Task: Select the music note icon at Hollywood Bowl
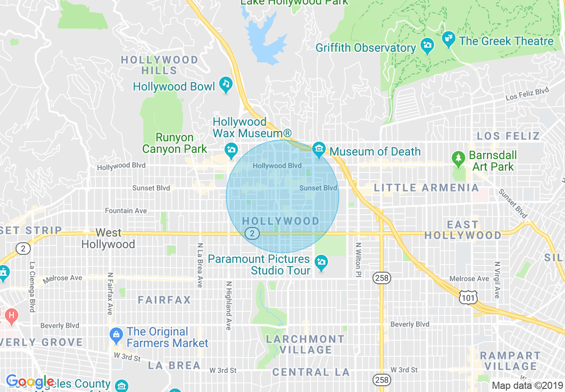click(x=226, y=85)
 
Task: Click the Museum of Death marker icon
click(x=319, y=150)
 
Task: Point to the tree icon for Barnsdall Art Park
click(x=458, y=158)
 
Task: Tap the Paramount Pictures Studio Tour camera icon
click(x=321, y=262)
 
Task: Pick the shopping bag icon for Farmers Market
click(x=116, y=335)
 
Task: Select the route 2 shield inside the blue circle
click(x=252, y=233)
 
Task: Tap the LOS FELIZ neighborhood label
click(x=508, y=136)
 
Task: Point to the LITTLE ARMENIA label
click(x=426, y=188)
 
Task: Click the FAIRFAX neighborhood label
click(x=164, y=300)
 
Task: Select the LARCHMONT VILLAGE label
click(x=305, y=344)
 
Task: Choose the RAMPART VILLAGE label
click(x=510, y=361)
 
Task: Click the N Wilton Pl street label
click(x=358, y=261)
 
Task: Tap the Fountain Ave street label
click(x=126, y=211)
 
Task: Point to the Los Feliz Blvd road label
click(x=527, y=94)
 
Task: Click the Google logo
click(x=30, y=381)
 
